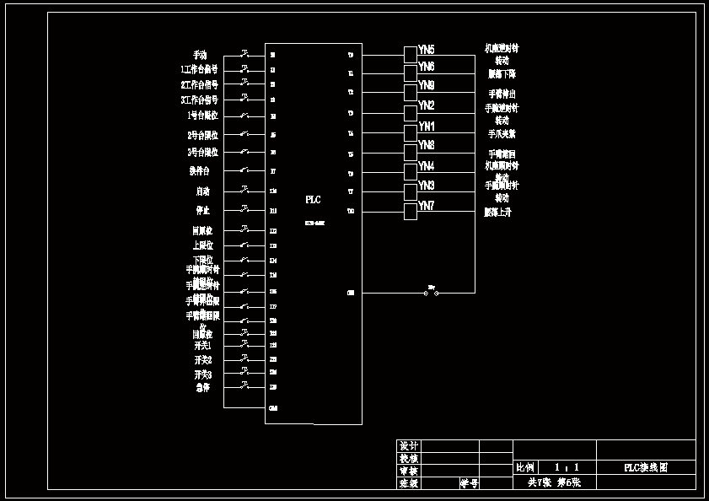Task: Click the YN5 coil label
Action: [427, 51]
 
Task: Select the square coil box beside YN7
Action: [411, 211]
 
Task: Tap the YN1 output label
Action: [427, 127]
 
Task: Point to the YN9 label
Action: [427, 86]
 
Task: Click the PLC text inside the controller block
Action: [313, 200]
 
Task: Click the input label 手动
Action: [200, 55]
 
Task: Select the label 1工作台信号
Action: [199, 70]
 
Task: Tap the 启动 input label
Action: [203, 191]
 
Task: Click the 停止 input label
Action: [203, 210]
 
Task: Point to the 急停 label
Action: [203, 388]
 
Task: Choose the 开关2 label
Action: [203, 360]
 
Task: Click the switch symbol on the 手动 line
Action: [244, 54]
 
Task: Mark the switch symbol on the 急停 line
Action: [244, 386]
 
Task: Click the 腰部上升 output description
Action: [497, 213]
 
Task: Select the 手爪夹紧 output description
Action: [502, 134]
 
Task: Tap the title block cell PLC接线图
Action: [646, 468]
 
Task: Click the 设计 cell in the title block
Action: [409, 446]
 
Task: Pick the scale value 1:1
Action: [567, 467]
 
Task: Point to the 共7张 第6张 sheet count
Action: [555, 483]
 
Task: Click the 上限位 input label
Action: [203, 245]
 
